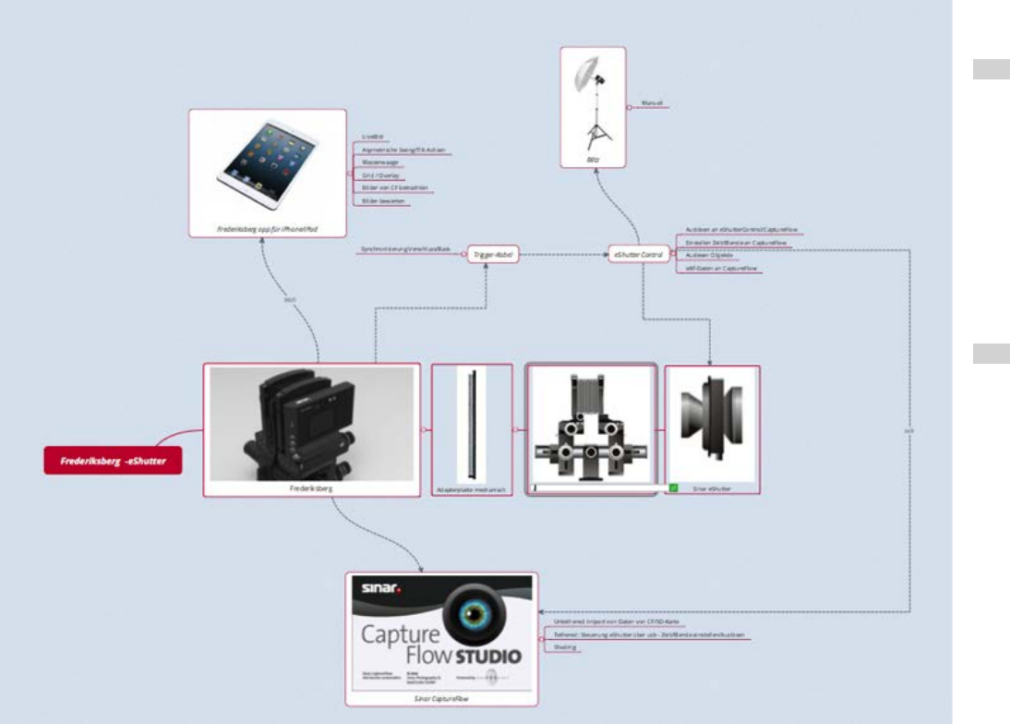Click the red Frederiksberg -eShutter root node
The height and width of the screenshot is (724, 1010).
pos(113,460)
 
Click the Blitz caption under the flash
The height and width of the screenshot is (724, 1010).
pos(594,160)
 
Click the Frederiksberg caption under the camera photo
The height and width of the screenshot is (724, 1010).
pos(311,490)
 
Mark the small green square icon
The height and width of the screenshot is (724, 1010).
pos(673,487)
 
